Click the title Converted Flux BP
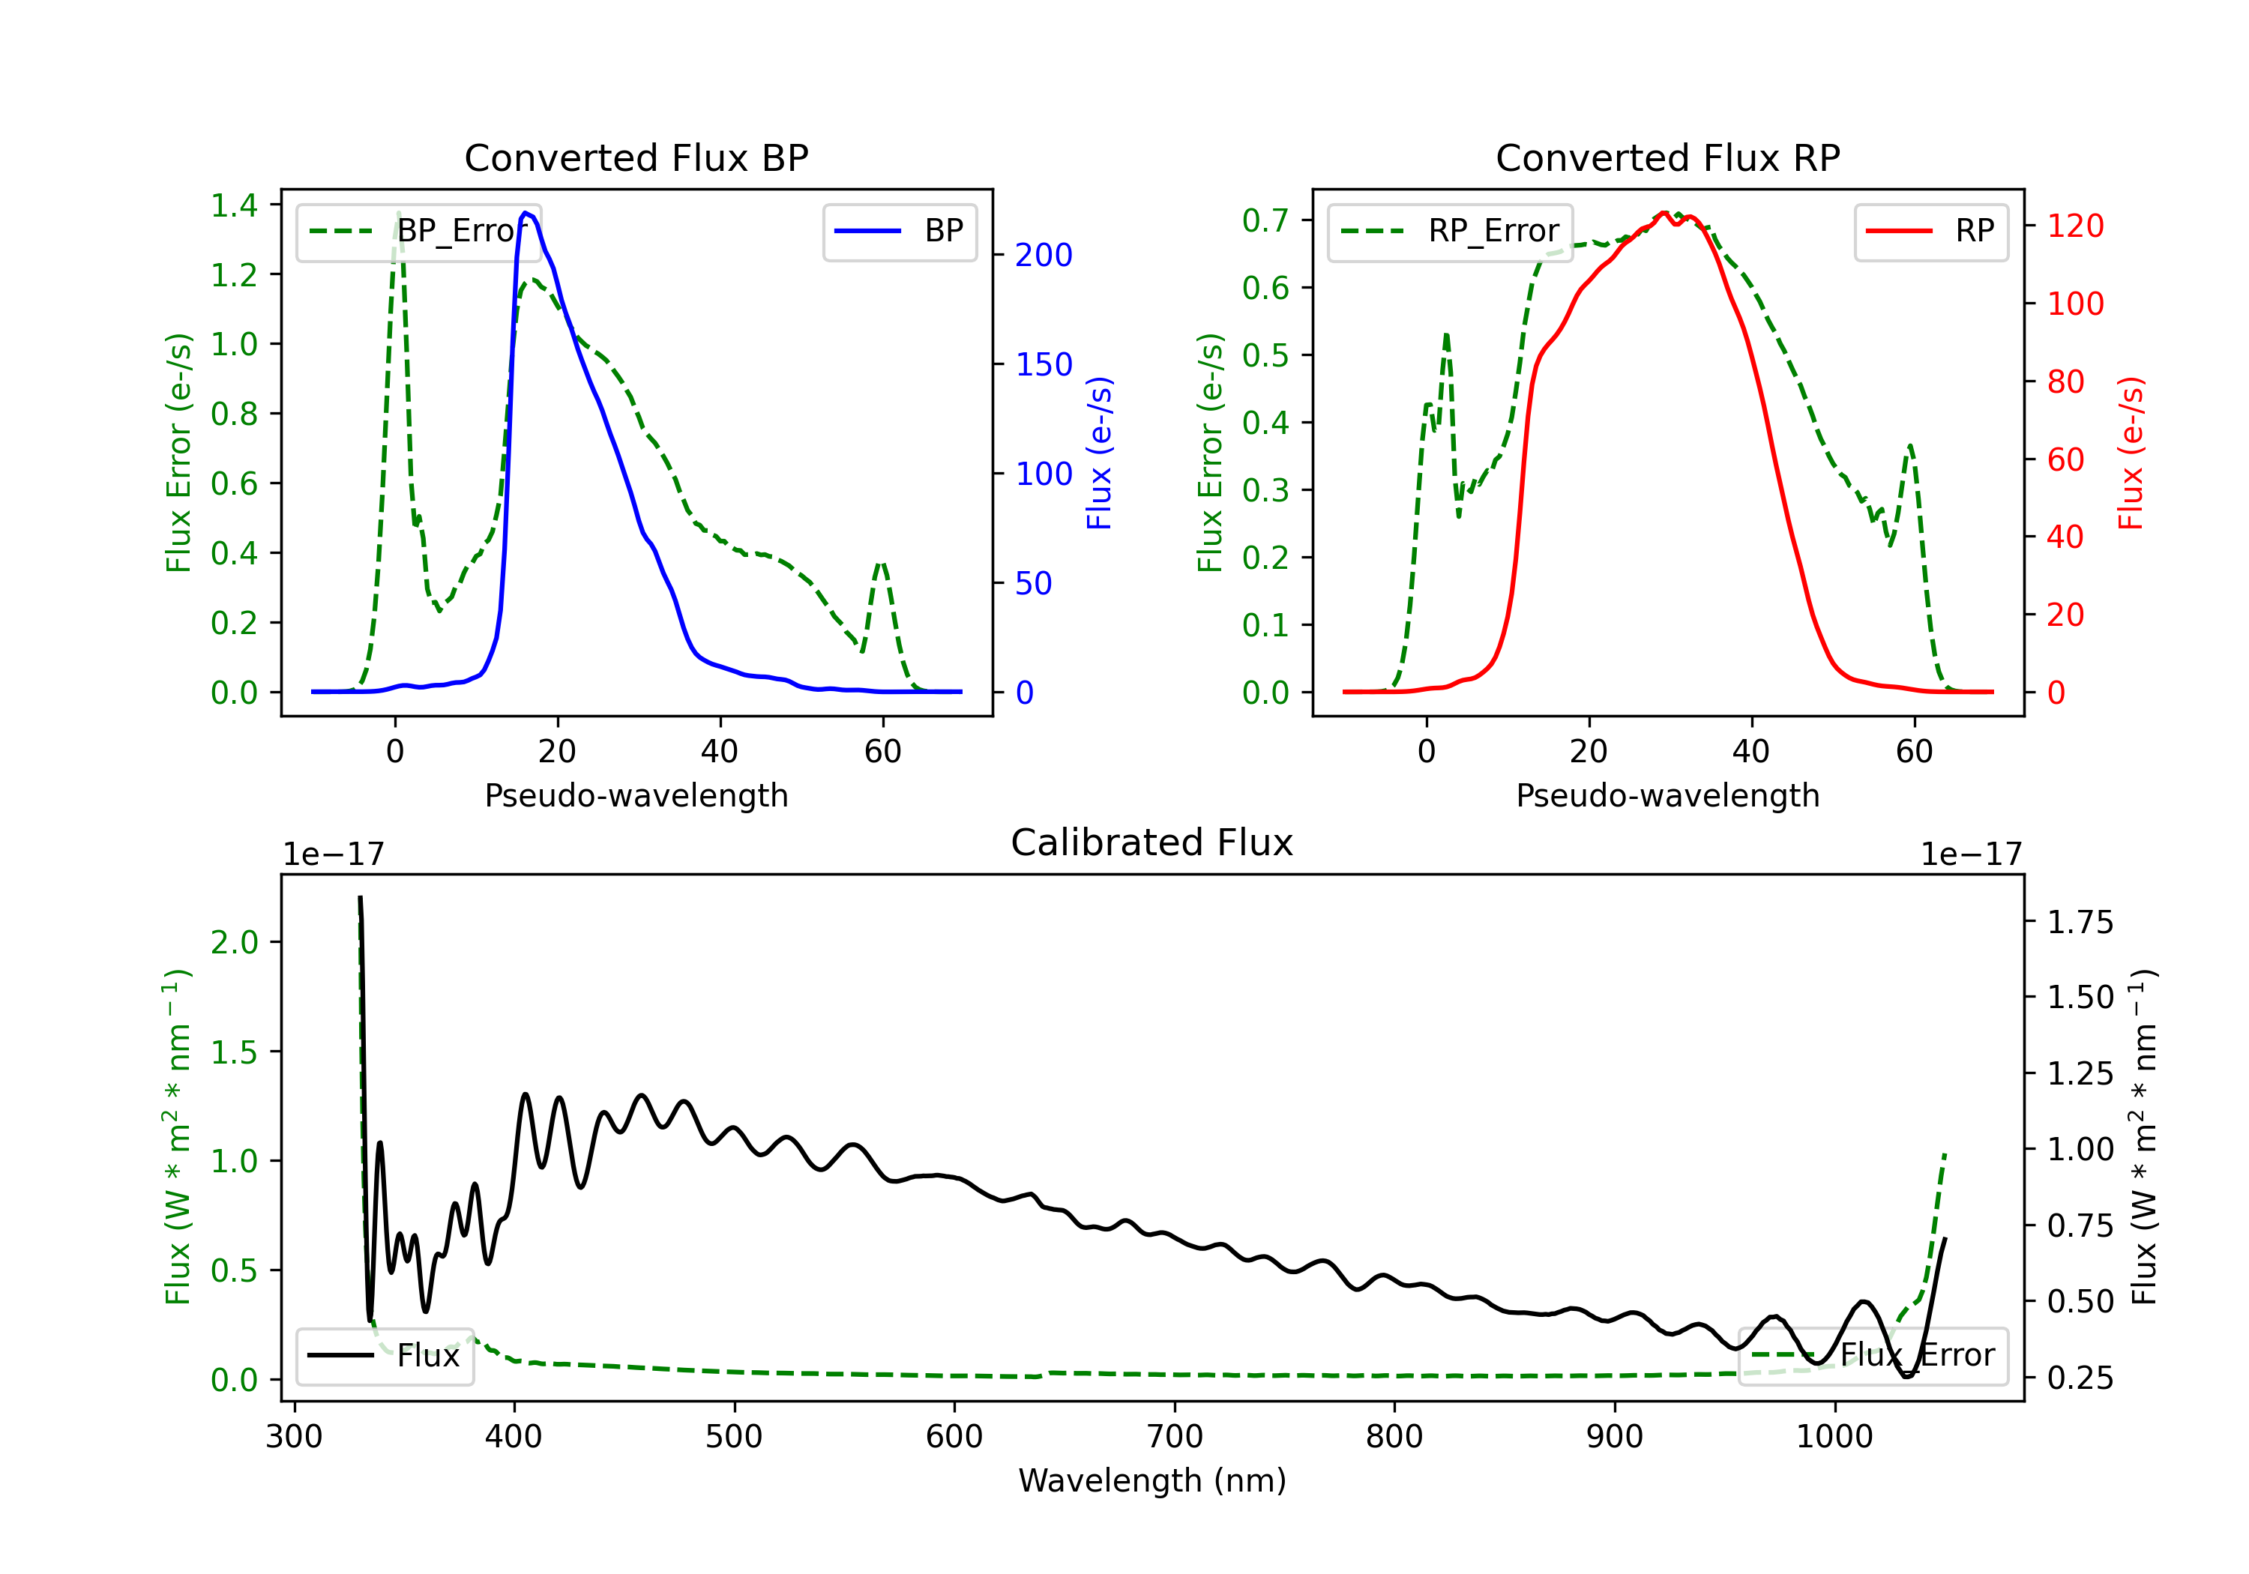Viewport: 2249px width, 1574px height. [x=636, y=157]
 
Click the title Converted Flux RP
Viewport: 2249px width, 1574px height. [x=1668, y=157]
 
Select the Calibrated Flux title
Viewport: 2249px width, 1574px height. [x=1152, y=842]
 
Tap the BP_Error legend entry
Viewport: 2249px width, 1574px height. [x=418, y=231]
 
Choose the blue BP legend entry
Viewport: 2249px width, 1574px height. [x=899, y=231]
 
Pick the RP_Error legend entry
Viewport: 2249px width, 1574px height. [x=1450, y=231]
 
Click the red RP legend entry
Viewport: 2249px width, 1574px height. [x=1930, y=231]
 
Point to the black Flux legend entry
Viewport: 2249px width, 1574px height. [x=384, y=1356]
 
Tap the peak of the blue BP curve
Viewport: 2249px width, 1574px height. [x=526, y=213]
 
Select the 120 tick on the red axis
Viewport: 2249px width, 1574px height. [x=2074, y=226]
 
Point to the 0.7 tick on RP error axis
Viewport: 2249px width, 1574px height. [x=1265, y=220]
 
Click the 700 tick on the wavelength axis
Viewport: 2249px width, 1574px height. [x=1175, y=1437]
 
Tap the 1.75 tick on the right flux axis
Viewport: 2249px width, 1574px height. [x=2080, y=922]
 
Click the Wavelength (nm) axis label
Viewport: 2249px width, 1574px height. [x=1152, y=1480]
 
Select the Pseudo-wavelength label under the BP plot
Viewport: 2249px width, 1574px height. [x=636, y=795]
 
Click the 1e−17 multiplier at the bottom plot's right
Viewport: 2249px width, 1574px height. [x=1971, y=854]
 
